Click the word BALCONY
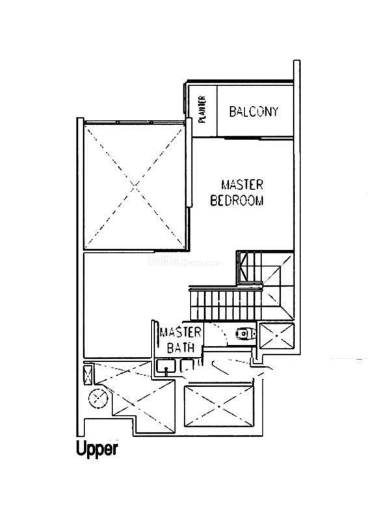(x=254, y=111)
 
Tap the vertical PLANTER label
(x=202, y=109)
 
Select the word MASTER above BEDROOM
(x=243, y=185)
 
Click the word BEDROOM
(x=237, y=201)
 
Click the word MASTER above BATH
(x=181, y=332)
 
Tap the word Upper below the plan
(x=97, y=449)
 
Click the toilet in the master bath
(x=246, y=333)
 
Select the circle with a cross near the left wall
(x=98, y=397)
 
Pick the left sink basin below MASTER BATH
(x=165, y=366)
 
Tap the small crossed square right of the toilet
(x=277, y=335)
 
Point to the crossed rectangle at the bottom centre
(x=218, y=406)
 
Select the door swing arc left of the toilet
(x=221, y=334)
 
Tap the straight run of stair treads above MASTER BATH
(x=226, y=305)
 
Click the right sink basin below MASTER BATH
(x=187, y=366)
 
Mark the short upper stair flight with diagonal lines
(x=250, y=267)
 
